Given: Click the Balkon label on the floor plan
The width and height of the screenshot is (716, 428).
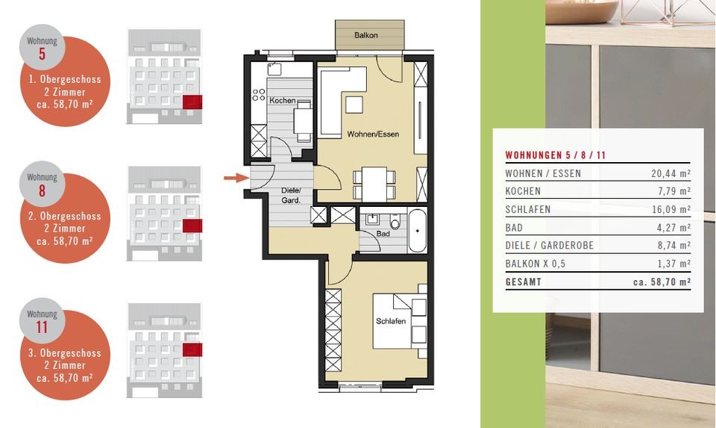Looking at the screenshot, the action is [x=365, y=35].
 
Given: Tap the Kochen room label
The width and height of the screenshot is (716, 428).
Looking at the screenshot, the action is [x=282, y=100].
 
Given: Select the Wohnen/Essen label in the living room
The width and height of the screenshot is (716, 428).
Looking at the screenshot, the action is [x=373, y=134].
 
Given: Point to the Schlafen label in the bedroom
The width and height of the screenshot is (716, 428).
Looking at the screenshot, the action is [x=390, y=321].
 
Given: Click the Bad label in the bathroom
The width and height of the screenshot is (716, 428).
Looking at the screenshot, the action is [x=383, y=234].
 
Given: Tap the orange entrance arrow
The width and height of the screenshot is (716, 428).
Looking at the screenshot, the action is [x=236, y=178].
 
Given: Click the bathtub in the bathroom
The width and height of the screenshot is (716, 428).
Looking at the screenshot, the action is [x=418, y=231].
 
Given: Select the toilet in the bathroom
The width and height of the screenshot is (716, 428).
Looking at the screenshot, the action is [x=395, y=222].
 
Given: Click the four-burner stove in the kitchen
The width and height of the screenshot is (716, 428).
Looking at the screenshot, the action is [x=259, y=95].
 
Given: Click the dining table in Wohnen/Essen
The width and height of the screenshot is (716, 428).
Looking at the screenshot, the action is [x=374, y=184].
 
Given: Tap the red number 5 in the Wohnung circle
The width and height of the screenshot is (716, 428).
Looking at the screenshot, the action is [x=42, y=54].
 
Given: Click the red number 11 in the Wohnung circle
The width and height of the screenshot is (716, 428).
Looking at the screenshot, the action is [x=42, y=327].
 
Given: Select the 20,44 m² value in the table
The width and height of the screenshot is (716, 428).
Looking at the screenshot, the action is [x=671, y=173].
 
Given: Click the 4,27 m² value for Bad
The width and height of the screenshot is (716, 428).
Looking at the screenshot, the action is [x=673, y=227].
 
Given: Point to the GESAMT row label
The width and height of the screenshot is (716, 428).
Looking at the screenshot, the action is [x=524, y=282].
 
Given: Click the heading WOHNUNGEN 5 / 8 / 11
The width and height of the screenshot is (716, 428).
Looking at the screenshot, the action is [x=555, y=155].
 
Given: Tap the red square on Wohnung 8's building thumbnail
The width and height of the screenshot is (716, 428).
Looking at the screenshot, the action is [x=192, y=226].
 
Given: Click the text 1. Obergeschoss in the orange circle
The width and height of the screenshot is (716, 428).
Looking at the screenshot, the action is [x=64, y=79].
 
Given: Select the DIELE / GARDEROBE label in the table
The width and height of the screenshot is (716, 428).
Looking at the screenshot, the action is [x=550, y=245].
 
